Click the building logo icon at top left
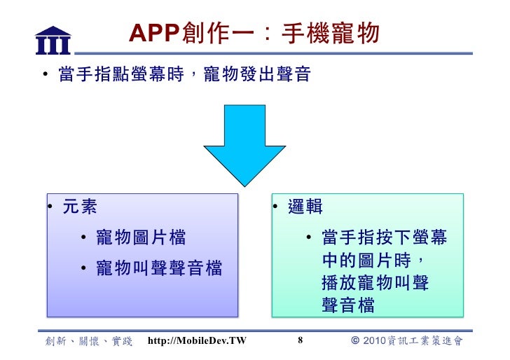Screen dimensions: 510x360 click(53, 40)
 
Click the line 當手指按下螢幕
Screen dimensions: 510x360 click(384, 237)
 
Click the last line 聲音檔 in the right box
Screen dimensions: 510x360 click(348, 305)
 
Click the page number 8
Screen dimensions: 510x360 click(300, 341)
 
